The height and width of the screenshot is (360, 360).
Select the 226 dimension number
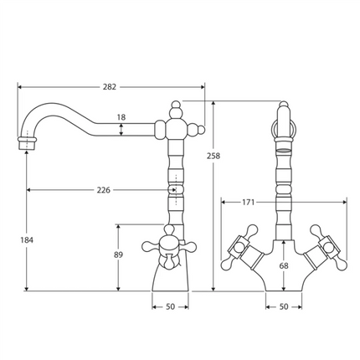point(103,190)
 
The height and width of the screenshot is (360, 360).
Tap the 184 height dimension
point(27,241)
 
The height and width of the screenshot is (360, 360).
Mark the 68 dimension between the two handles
point(284,266)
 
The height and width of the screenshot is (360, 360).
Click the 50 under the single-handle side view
point(171,307)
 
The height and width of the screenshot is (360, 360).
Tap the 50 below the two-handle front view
point(284,307)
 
